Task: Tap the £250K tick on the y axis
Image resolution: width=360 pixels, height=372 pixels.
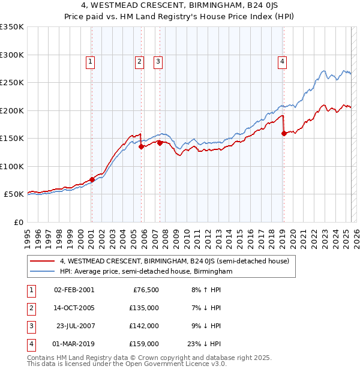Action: [12, 83]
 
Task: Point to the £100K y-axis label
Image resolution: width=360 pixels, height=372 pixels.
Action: [12, 166]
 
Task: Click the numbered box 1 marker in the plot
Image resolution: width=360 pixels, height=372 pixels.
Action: [90, 61]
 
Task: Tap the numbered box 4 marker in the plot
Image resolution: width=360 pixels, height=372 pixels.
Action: [281, 61]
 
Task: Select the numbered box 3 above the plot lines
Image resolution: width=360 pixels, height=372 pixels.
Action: [158, 61]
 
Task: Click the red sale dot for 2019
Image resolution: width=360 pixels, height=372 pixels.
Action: [284, 134]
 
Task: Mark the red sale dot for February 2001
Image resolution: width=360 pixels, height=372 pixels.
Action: [92, 179]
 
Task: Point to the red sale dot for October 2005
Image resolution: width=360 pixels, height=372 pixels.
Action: [142, 146]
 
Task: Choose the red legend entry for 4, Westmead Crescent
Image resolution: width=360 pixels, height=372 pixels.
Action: [174, 261]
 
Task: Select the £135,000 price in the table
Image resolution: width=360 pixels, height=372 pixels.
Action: [145, 308]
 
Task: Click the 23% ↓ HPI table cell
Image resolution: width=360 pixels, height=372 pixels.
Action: [203, 344]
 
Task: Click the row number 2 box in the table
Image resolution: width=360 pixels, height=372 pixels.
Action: [29, 308]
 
